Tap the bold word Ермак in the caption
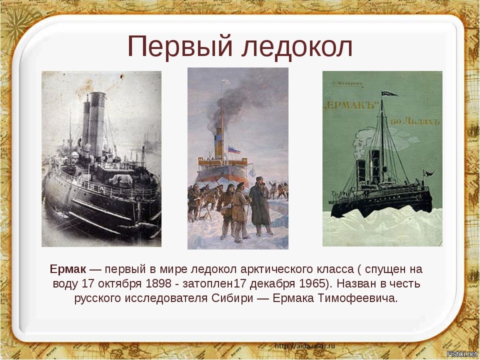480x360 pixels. (x=68, y=269)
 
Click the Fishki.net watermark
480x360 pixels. (x=461, y=354)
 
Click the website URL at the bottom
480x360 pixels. (x=305, y=345)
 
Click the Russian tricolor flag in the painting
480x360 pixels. (x=233, y=149)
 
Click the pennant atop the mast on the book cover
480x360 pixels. (x=387, y=93)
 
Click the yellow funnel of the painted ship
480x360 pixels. (x=218, y=145)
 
